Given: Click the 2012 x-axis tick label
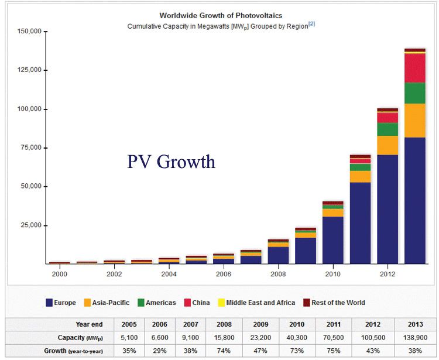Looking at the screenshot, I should tap(387, 274).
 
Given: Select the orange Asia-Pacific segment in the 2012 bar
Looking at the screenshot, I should tap(387, 145).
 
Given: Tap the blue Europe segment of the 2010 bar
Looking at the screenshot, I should tap(332, 240).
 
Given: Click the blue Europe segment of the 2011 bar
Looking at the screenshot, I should tap(360, 222).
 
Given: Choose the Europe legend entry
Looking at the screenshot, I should tap(61, 303).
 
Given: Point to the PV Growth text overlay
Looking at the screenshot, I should tap(171, 162).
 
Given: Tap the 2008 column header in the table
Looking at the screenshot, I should tap(225, 324).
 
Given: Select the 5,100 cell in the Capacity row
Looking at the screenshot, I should tap(129, 338).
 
